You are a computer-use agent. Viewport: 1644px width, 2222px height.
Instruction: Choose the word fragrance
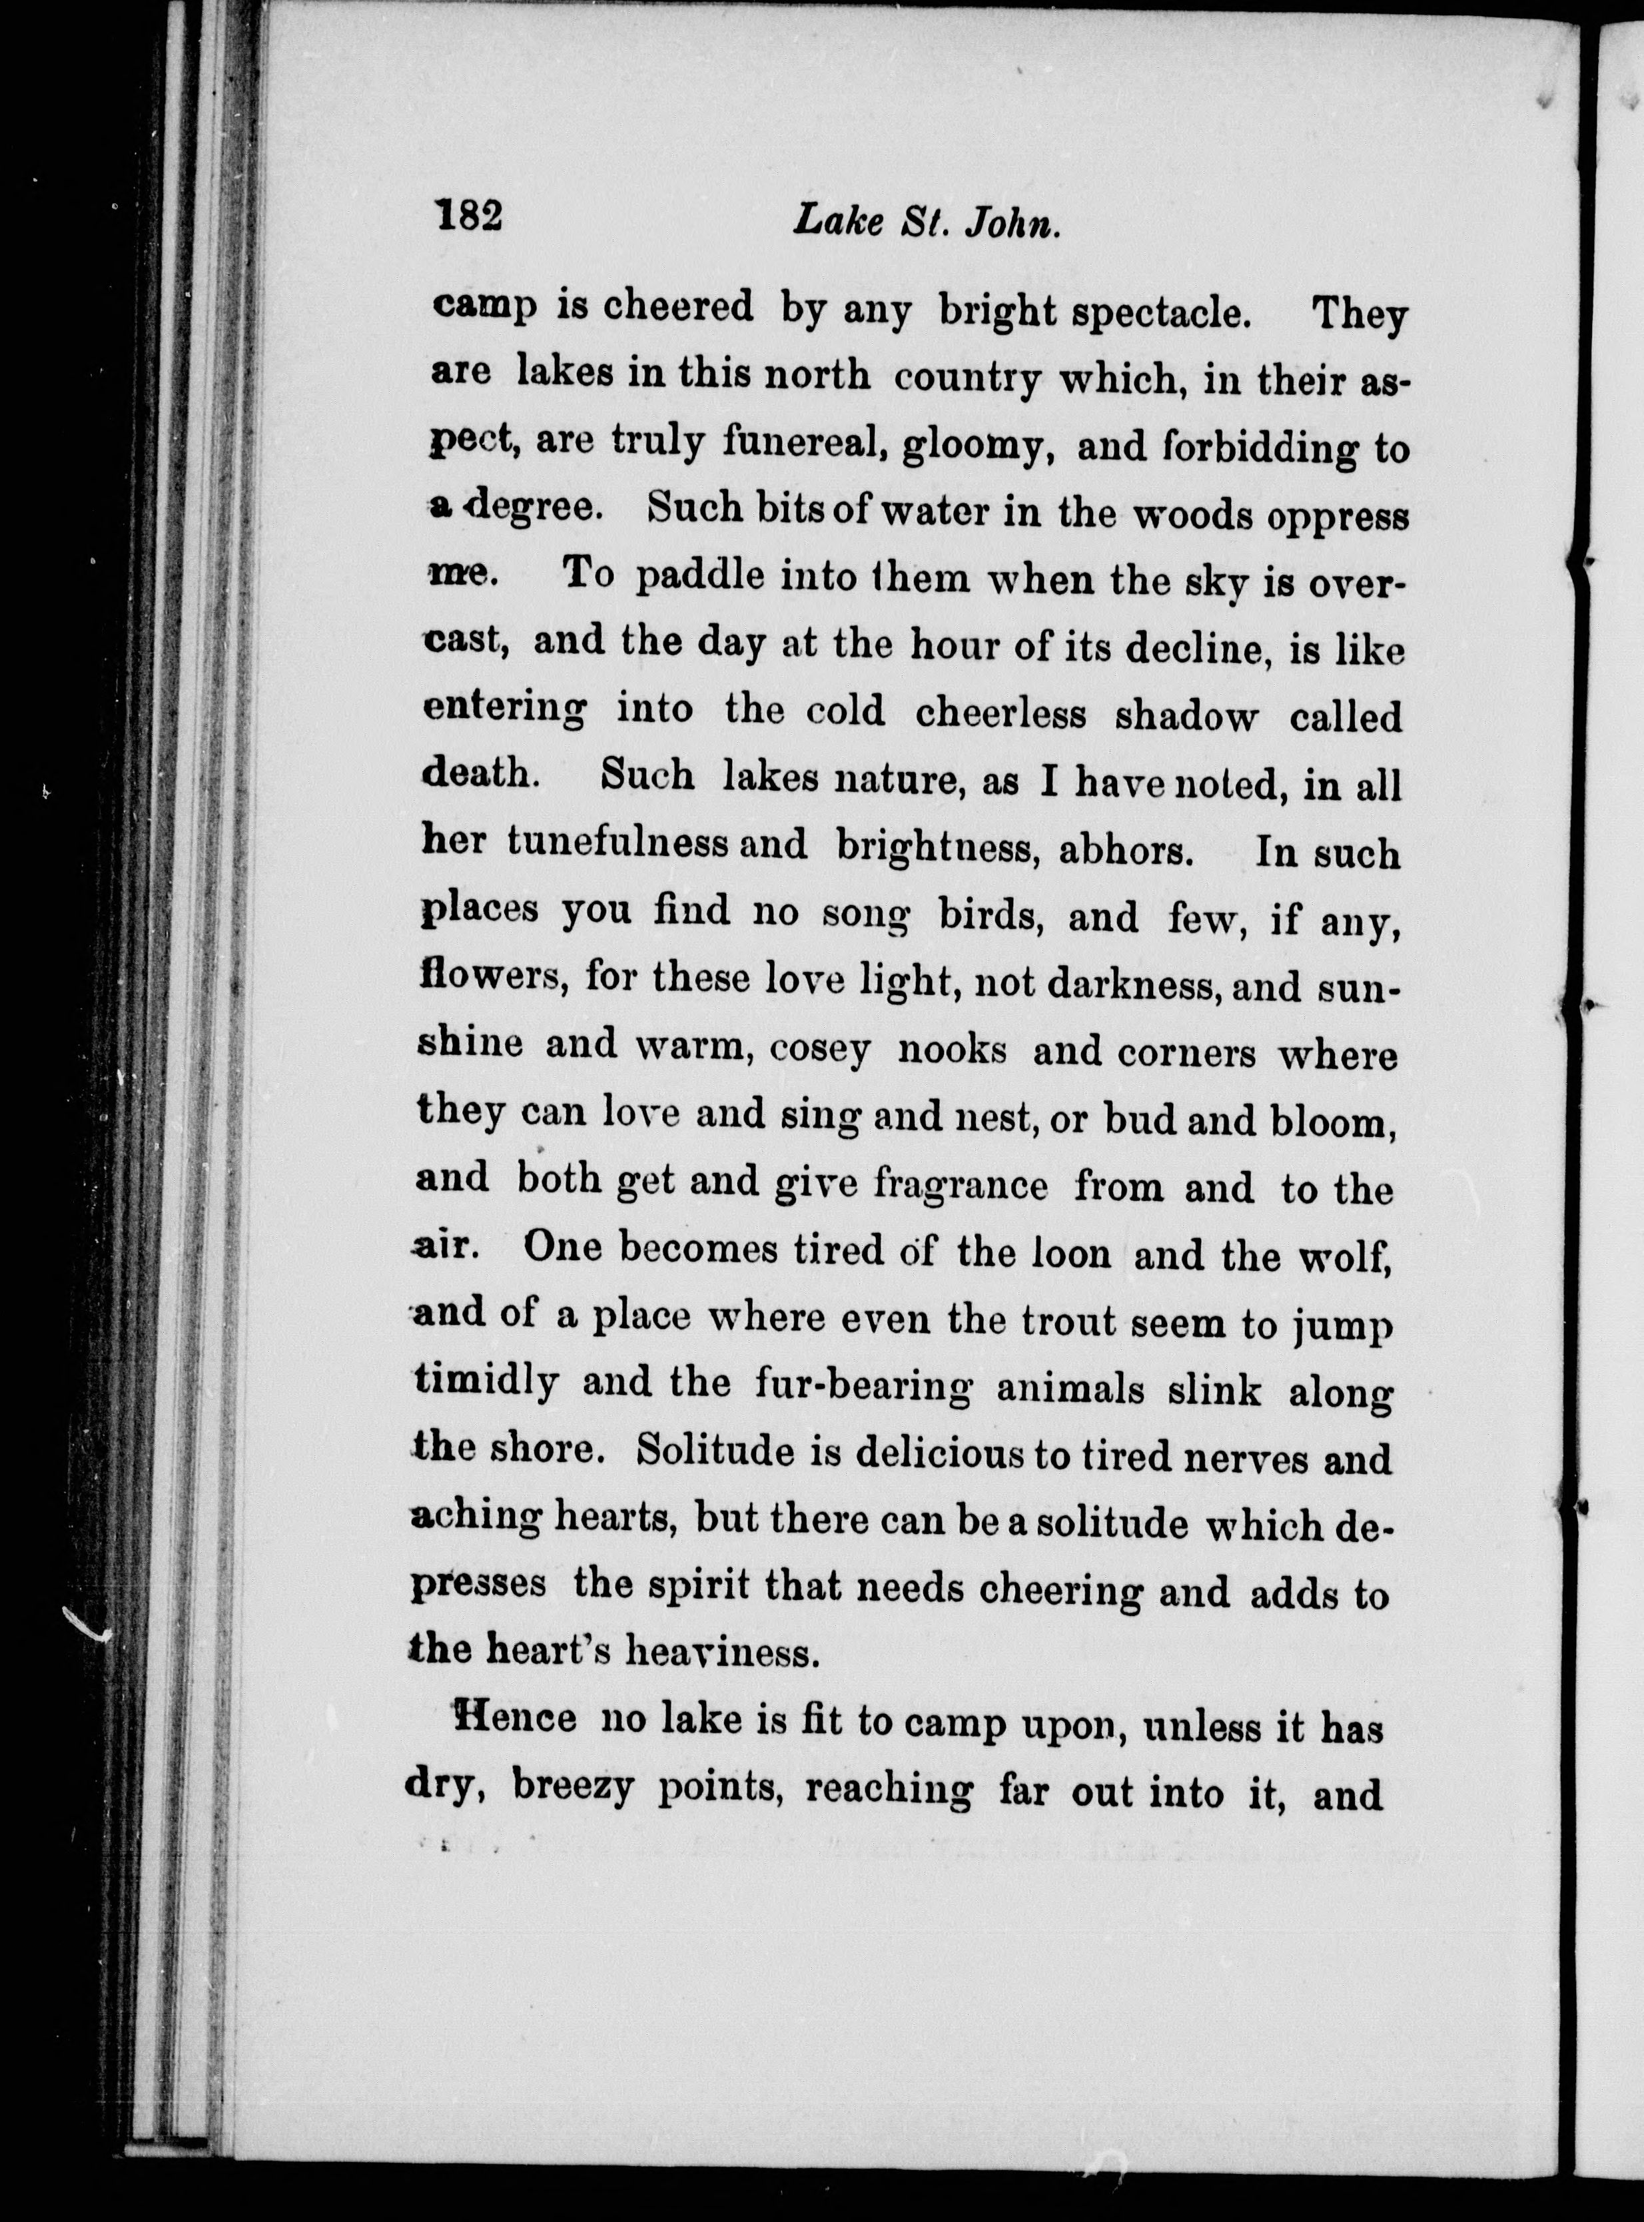pos(961,1184)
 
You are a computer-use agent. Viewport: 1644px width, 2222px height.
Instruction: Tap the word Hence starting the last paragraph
pos(514,1718)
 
